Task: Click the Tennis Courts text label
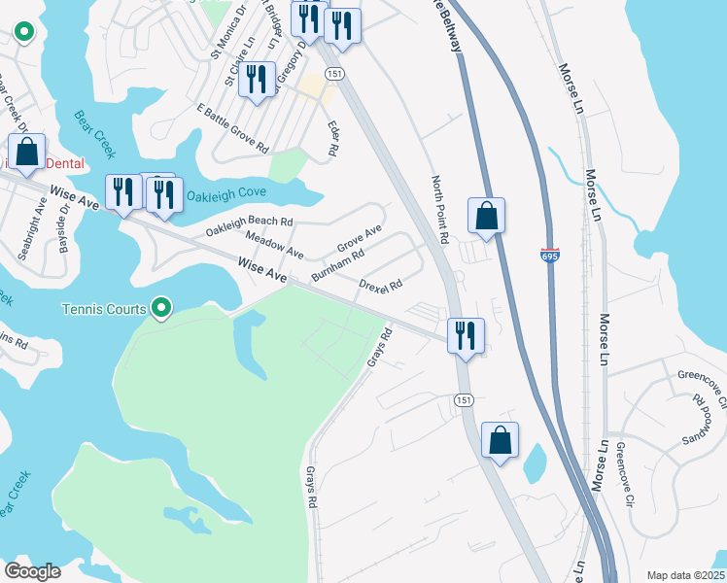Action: (104, 310)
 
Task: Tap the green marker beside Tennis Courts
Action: (162, 310)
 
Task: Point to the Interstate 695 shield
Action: (548, 253)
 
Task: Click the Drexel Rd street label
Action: (380, 284)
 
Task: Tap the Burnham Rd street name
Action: (337, 265)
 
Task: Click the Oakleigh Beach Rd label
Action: (249, 226)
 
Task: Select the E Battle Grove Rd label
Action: (231, 128)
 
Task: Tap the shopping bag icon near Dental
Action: (26, 153)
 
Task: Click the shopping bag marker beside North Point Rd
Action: (486, 216)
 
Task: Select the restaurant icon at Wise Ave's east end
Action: (465, 335)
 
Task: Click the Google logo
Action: (32, 571)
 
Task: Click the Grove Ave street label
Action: (358, 238)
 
